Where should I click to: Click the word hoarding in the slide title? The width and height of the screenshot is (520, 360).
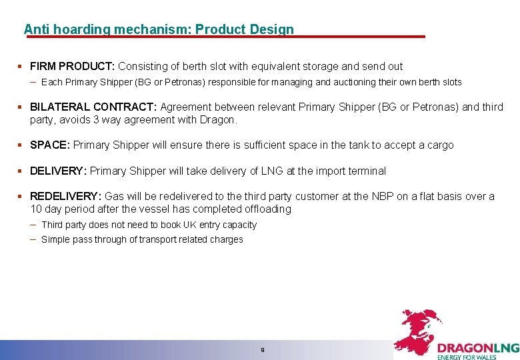pyautogui.click(x=84, y=29)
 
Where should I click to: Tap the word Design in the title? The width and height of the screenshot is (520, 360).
pyautogui.click(x=271, y=29)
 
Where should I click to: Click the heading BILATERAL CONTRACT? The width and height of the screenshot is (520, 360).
pyautogui.click(x=93, y=107)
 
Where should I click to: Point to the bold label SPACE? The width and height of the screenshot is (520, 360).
pyautogui.click(x=50, y=145)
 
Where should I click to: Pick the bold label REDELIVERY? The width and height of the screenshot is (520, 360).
pyautogui.click(x=65, y=196)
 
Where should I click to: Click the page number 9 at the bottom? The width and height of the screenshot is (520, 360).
pyautogui.click(x=263, y=349)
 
